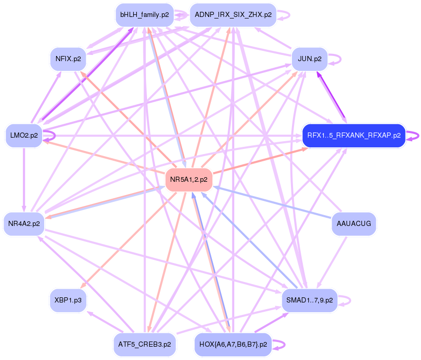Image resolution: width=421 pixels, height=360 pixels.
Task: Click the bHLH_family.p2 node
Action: coord(144,15)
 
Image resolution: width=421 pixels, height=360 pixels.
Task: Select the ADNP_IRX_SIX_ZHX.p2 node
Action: coord(233,15)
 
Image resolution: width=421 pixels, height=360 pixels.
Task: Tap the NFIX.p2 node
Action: coord(67,59)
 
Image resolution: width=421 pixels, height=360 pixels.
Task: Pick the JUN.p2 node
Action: coord(309,59)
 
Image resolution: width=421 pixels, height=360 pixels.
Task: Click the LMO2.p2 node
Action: coord(24,136)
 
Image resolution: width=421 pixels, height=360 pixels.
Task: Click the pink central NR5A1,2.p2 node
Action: coord(189,179)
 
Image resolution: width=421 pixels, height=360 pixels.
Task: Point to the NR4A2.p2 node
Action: coord(24,223)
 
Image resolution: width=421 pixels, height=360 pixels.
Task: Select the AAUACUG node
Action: coord(354,223)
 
